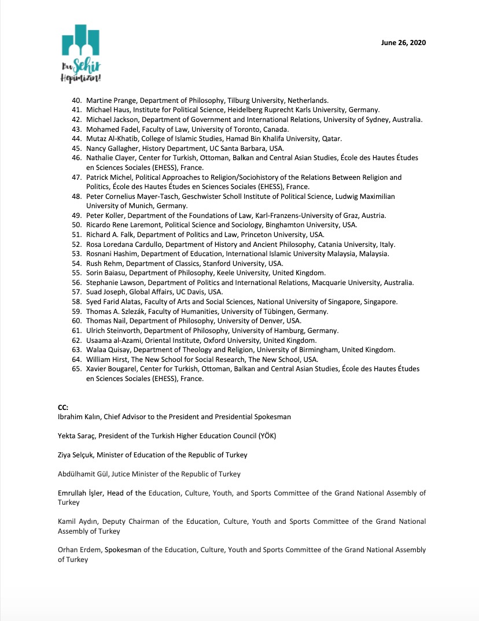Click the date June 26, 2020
[404, 43]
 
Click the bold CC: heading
[63, 407]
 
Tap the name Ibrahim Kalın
[79, 416]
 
